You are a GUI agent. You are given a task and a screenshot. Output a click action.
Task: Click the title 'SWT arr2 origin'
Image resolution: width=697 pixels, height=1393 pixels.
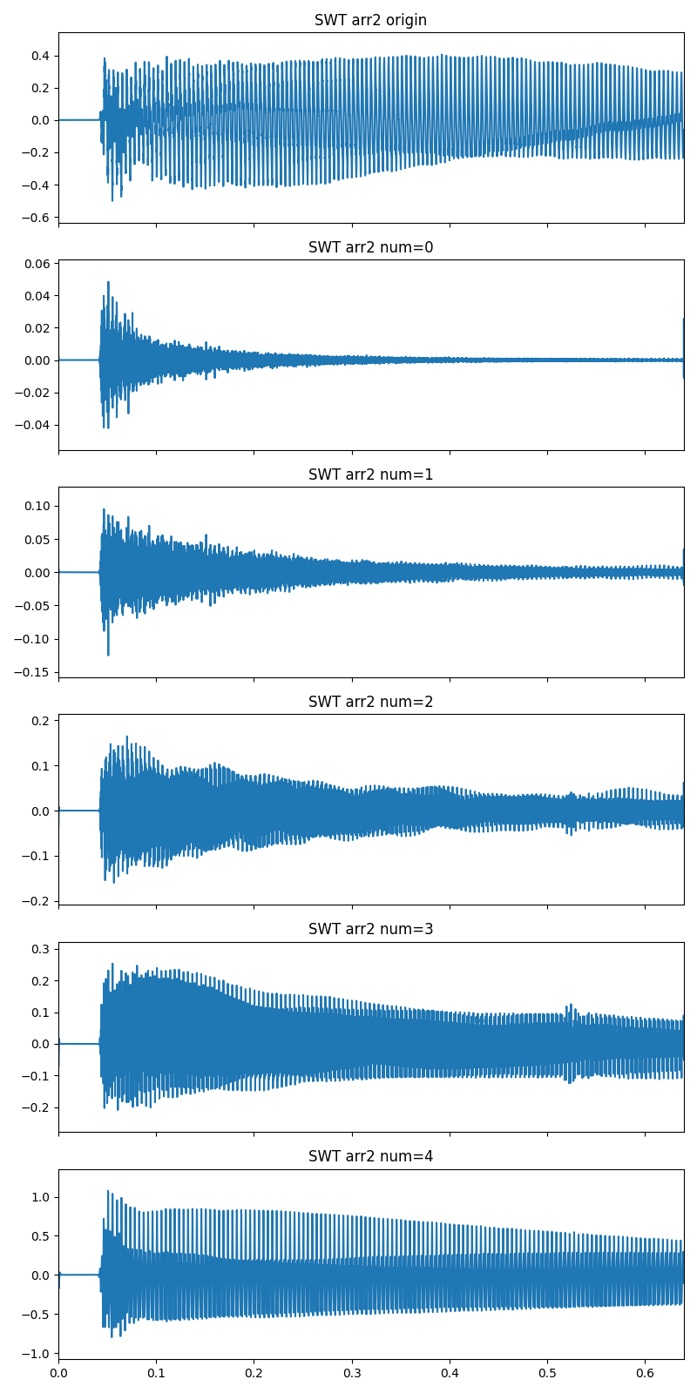370,20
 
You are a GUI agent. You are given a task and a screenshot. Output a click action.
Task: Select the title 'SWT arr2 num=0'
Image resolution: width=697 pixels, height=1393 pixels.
370,247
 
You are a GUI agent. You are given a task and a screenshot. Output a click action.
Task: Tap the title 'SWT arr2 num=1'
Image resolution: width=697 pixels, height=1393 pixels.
370,474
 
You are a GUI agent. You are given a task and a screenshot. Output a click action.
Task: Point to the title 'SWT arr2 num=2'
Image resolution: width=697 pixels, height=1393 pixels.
370,702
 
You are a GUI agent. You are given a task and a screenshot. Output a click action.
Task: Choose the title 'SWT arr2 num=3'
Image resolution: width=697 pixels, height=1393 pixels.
370,929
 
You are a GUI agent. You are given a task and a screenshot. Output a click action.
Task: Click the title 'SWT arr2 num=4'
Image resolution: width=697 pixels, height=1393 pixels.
370,1156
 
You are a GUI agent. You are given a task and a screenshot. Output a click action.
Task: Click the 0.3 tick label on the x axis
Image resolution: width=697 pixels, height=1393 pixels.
352,1375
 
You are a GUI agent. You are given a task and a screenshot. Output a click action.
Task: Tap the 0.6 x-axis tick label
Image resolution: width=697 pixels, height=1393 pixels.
645,1375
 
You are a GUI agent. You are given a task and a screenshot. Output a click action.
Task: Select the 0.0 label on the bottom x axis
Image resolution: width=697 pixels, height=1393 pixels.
58,1375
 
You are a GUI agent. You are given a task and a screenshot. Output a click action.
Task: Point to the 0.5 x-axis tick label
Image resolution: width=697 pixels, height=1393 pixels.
547,1375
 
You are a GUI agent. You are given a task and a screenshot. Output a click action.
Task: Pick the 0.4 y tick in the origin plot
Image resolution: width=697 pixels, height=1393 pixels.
39,56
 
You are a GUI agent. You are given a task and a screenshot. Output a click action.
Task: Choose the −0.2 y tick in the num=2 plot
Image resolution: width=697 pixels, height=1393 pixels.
36,901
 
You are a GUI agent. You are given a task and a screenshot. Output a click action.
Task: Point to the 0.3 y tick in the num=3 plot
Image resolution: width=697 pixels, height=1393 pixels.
39,948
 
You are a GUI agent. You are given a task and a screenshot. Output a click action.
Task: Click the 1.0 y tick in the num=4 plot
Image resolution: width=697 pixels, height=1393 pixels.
39,1197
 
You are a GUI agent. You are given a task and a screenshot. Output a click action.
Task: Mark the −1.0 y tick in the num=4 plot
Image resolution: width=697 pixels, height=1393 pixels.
36,1354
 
